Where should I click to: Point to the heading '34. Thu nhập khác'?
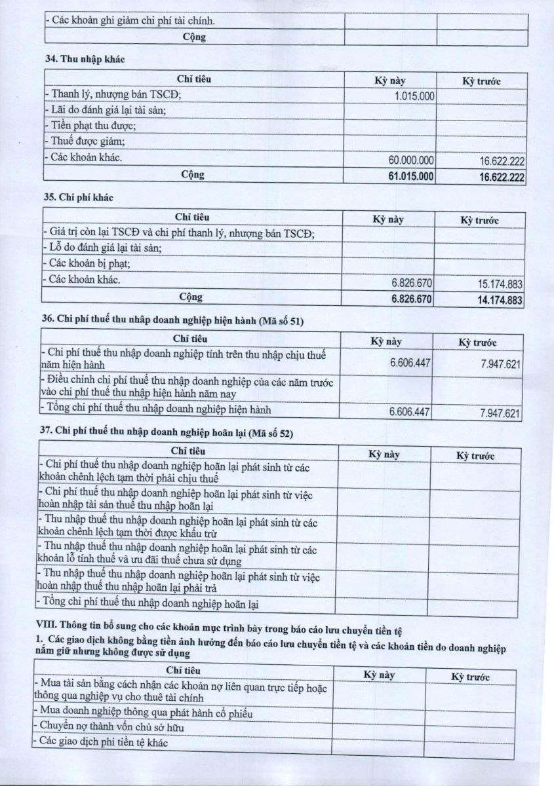[85, 59]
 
